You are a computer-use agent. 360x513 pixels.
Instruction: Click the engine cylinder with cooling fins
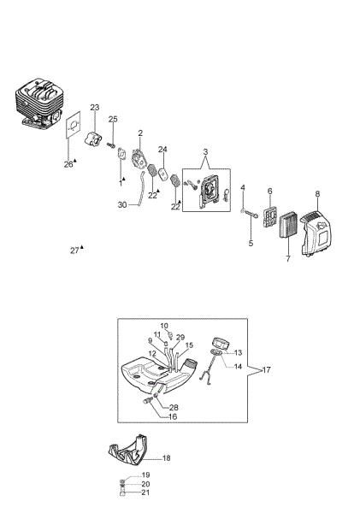pyautogui.click(x=38, y=103)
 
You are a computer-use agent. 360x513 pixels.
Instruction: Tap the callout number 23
pyautogui.click(x=95, y=108)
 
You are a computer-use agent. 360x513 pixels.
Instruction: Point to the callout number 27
pyautogui.click(x=74, y=251)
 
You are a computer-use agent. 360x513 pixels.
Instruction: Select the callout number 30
pyautogui.click(x=122, y=205)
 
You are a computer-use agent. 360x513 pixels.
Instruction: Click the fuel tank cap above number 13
pyautogui.click(x=221, y=345)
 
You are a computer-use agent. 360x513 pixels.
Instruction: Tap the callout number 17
pyautogui.click(x=267, y=369)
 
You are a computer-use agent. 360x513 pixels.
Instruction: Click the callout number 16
pyautogui.click(x=173, y=416)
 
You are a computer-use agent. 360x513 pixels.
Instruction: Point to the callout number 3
pyautogui.click(x=205, y=152)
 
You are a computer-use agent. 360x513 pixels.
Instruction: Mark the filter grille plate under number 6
pyautogui.click(x=270, y=216)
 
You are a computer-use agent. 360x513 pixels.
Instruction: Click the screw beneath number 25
pyautogui.click(x=112, y=144)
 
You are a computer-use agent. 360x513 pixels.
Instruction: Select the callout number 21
pyautogui.click(x=145, y=492)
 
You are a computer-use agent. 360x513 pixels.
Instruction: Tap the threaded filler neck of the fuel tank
pyautogui.click(x=190, y=363)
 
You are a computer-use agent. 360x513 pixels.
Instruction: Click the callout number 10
pyautogui.click(x=164, y=326)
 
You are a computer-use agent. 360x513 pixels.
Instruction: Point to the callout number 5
pyautogui.click(x=251, y=244)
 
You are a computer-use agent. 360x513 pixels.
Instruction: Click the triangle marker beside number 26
pyautogui.click(x=75, y=161)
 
